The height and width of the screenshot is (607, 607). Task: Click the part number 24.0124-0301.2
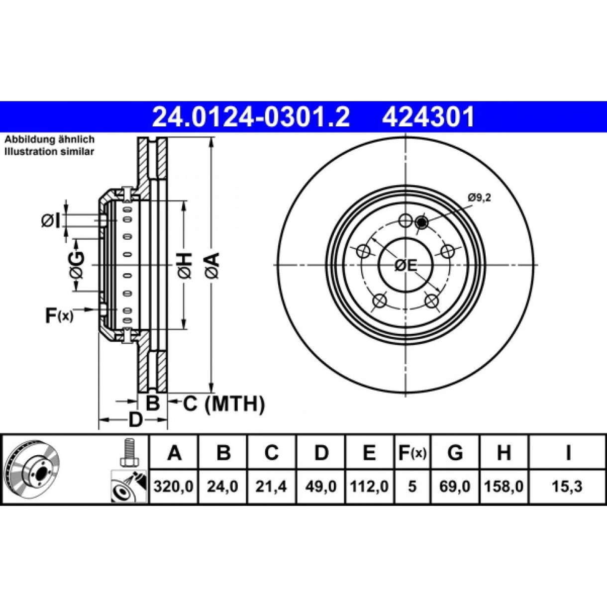(251, 117)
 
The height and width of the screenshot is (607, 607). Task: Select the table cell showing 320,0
(173, 487)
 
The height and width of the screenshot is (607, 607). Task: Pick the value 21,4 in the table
(271, 487)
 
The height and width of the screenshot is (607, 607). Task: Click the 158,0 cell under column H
(504, 487)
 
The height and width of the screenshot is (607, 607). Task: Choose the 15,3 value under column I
(568, 487)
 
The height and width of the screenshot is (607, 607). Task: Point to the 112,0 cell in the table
(369, 487)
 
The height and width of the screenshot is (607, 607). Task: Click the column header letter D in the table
(321, 453)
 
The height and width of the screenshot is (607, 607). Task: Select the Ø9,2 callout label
(480, 198)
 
